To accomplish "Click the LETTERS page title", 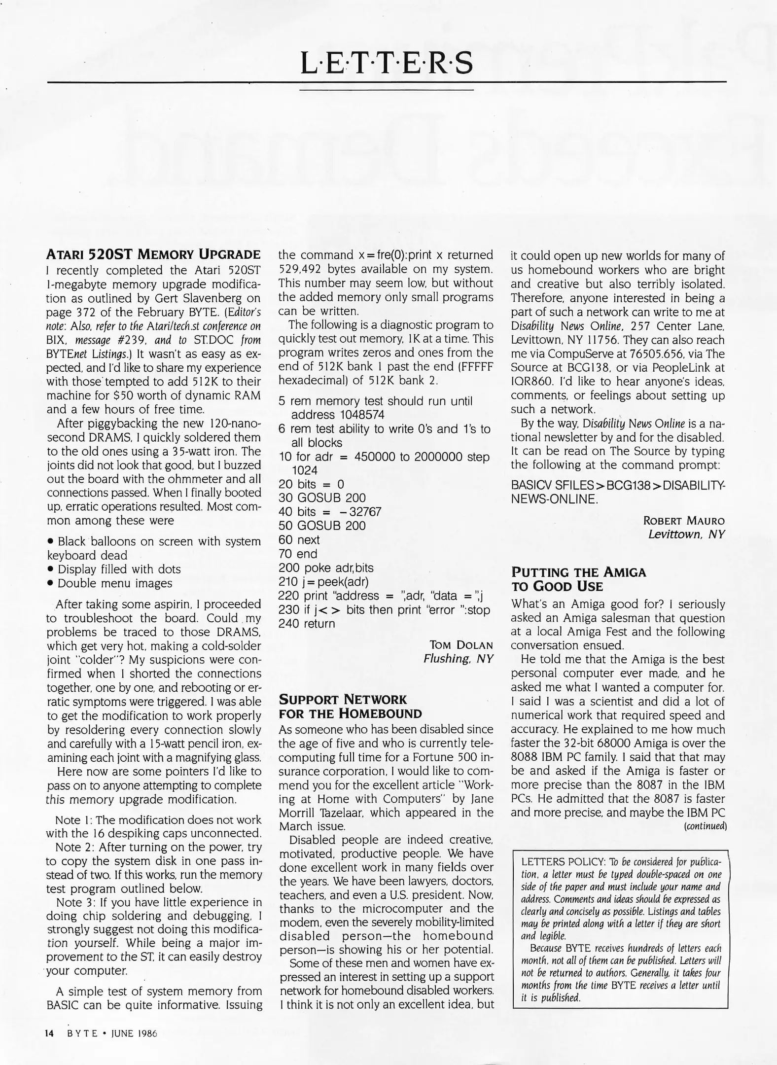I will [x=387, y=63].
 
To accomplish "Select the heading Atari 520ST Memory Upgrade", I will [x=153, y=254].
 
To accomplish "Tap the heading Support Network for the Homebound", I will [x=350, y=706].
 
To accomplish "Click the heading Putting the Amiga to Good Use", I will [x=578, y=579].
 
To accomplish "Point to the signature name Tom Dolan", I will [x=461, y=645].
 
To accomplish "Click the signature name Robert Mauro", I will [x=684, y=521].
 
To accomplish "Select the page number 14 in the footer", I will [x=50, y=1033].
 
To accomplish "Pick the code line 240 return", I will [x=307, y=623].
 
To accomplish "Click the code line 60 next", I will [x=299, y=540].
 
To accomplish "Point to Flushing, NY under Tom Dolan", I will [x=458, y=659].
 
